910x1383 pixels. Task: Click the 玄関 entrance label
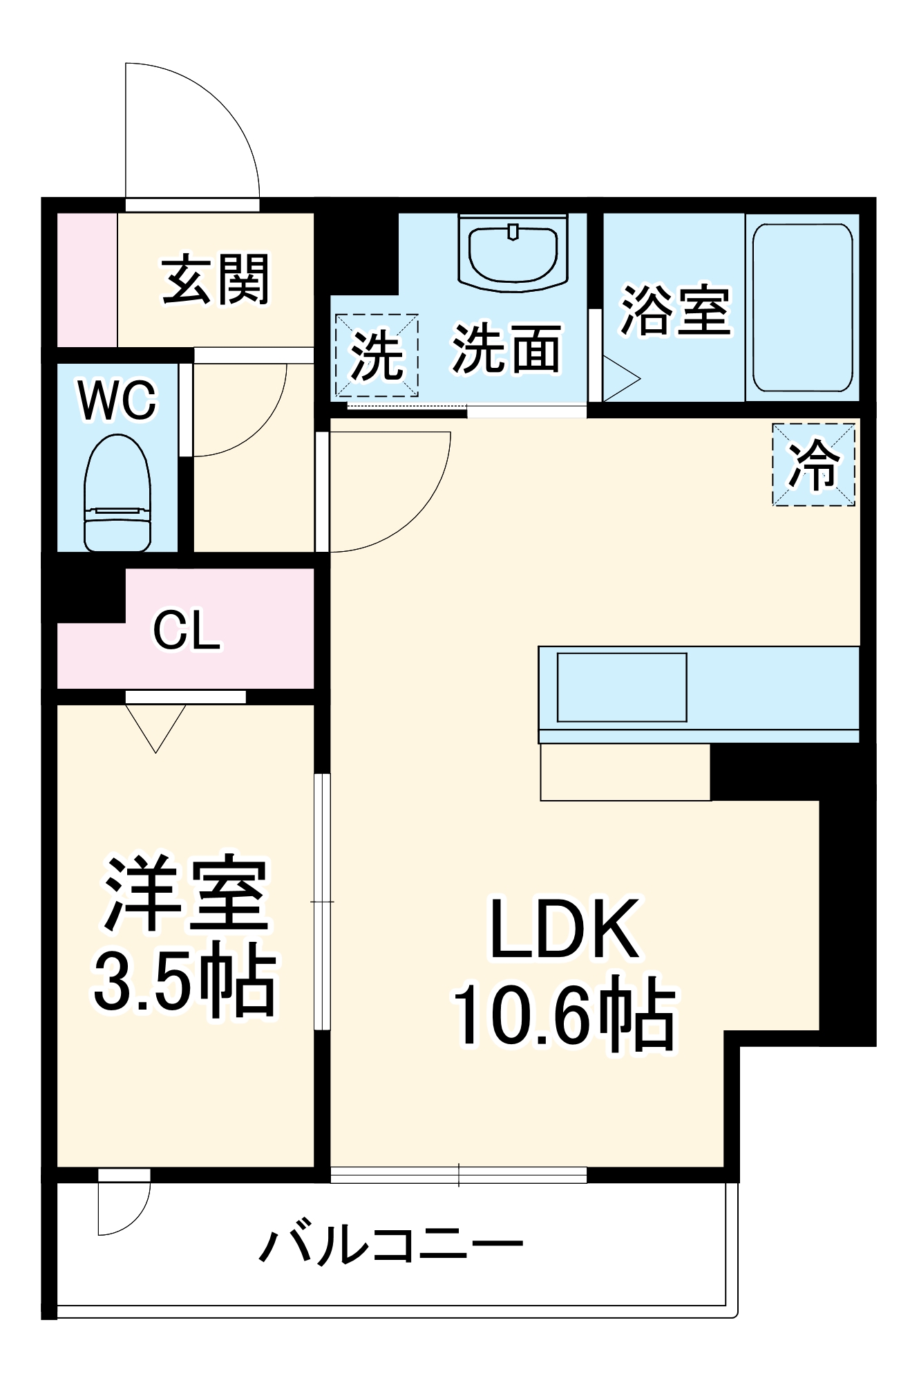coord(216,280)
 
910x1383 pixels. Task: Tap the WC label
coord(117,400)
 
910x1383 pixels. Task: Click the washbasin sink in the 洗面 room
coord(513,253)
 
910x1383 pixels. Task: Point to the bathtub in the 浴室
coord(802,307)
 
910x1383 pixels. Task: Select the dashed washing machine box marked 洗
coord(377,355)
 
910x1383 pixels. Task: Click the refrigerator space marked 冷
coord(814,464)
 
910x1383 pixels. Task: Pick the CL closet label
coord(187,630)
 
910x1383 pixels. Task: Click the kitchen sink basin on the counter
coord(622,687)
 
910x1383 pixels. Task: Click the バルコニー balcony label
coord(391,1245)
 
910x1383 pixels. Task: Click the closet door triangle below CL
coord(156,726)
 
